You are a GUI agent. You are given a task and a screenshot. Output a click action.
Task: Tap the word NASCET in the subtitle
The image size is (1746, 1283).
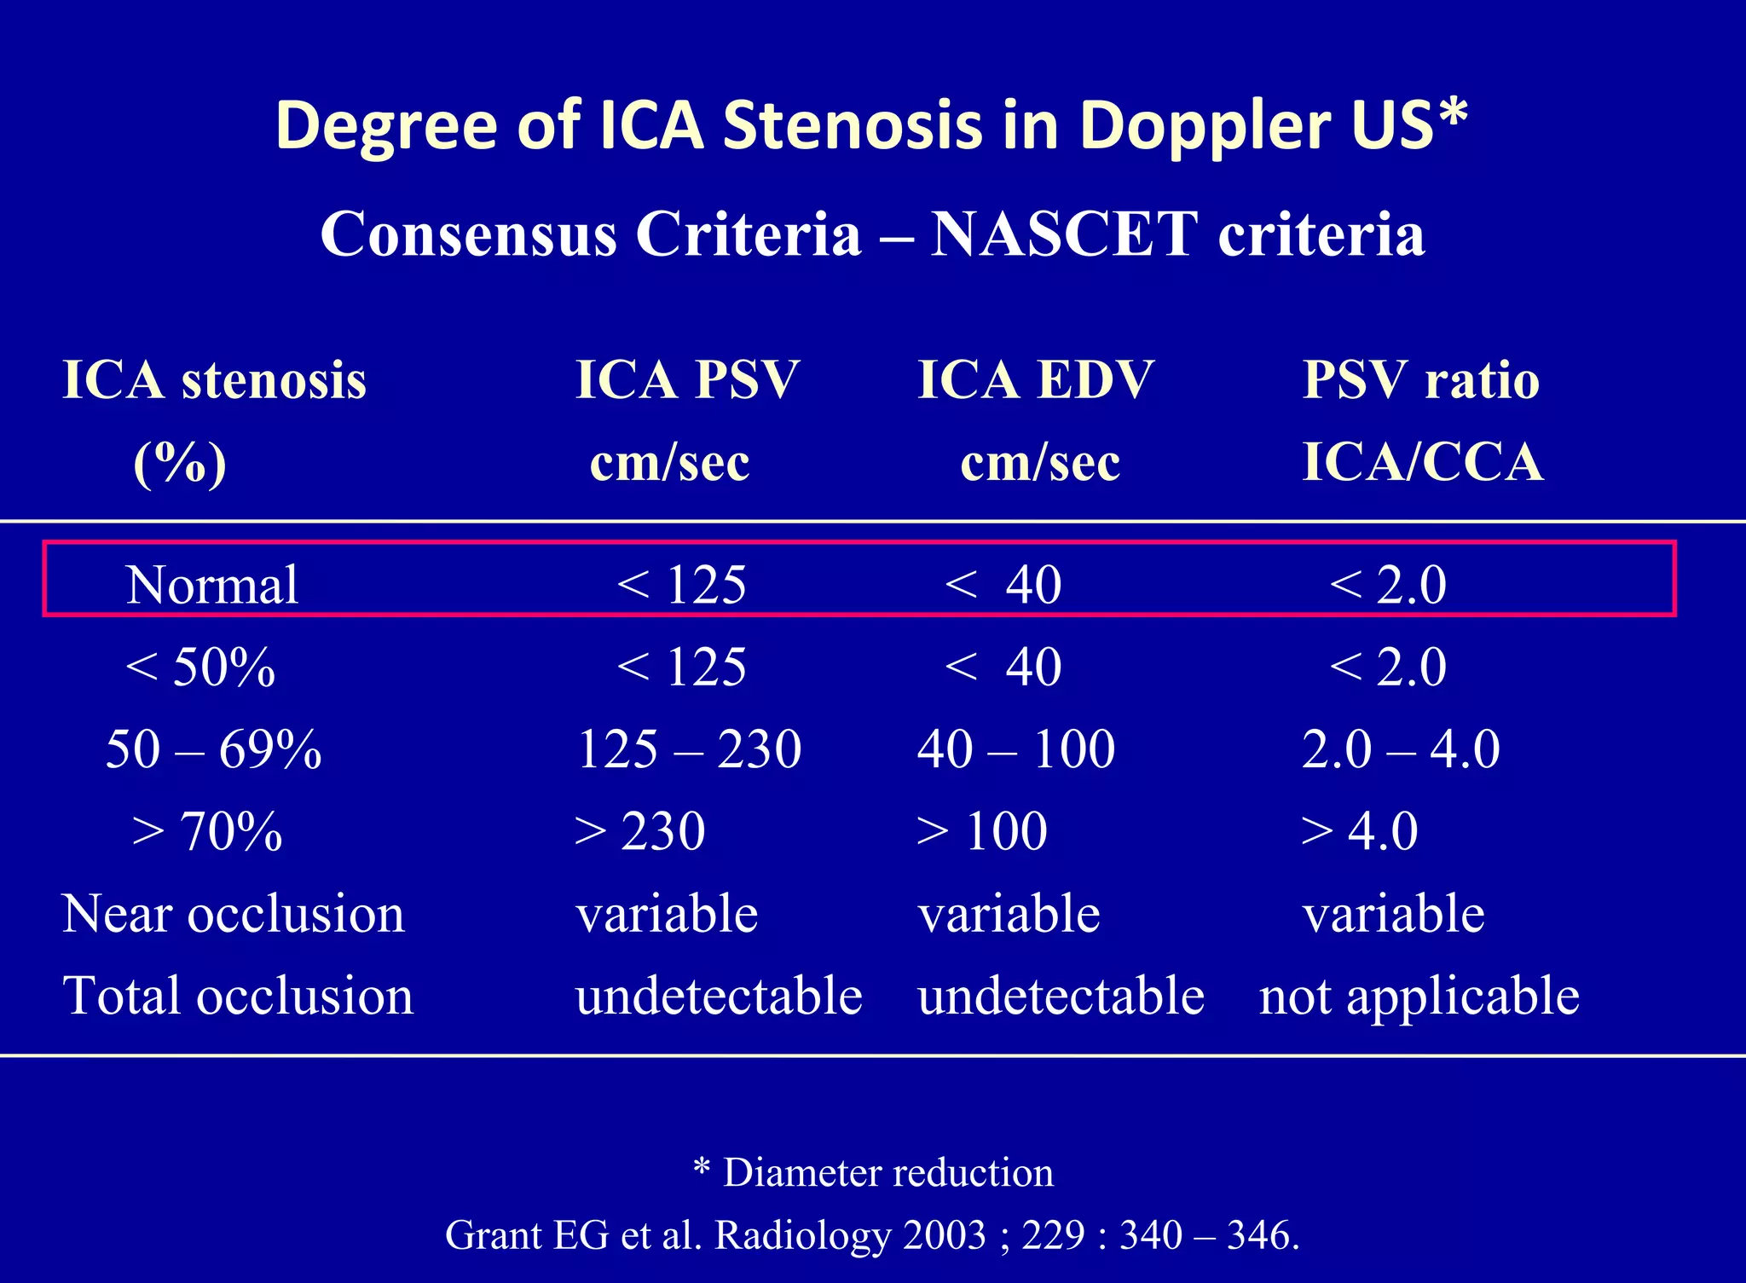1064,234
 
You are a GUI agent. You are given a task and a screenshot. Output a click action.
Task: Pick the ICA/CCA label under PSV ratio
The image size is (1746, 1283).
1423,462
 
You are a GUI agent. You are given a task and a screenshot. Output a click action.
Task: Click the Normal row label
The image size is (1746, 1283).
212,585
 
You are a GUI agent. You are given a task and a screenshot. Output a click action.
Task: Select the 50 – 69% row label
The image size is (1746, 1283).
213,749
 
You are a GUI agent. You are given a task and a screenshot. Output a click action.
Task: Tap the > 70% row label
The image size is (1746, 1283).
207,831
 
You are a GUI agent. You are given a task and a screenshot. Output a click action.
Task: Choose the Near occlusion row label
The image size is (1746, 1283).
234,914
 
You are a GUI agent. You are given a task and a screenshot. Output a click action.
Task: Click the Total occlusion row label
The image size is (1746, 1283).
238,996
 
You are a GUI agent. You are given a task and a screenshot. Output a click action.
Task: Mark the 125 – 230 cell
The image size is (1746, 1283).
689,749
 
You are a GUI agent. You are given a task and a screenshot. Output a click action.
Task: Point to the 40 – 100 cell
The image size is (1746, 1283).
1016,749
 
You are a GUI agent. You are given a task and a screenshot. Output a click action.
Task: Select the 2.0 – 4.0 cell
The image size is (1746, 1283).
1401,749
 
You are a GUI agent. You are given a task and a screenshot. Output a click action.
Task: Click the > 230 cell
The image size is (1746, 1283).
639,831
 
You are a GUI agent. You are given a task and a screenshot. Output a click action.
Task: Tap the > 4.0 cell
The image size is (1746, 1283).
1360,831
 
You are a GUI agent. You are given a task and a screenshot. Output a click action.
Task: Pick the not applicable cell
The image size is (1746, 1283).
1419,996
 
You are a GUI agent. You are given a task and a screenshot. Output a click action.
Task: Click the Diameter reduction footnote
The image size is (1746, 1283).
887,1173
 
